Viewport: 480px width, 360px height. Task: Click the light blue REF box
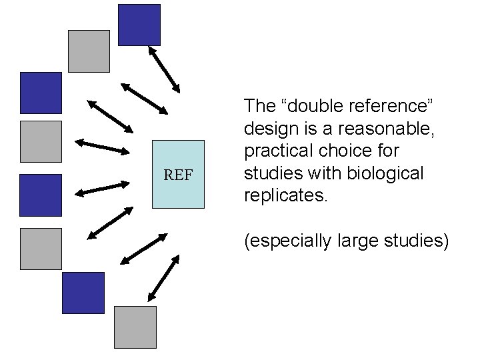pyautogui.click(x=178, y=174)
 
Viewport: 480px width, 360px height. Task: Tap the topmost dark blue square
pyautogui.click(x=139, y=25)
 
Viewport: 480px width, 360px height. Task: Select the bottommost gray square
pyautogui.click(x=135, y=327)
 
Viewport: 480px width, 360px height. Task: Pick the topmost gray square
pyautogui.click(x=89, y=51)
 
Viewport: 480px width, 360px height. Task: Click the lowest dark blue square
pyautogui.click(x=83, y=293)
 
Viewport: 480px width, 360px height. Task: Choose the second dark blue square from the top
pyautogui.click(x=41, y=93)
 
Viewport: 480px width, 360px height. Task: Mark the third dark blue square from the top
pyautogui.click(x=41, y=195)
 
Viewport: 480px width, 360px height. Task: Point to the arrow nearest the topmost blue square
pyautogui.click(x=163, y=68)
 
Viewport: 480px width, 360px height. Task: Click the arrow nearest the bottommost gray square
pyautogui.click(x=163, y=278)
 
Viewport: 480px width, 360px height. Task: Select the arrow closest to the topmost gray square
pyautogui.click(x=144, y=97)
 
